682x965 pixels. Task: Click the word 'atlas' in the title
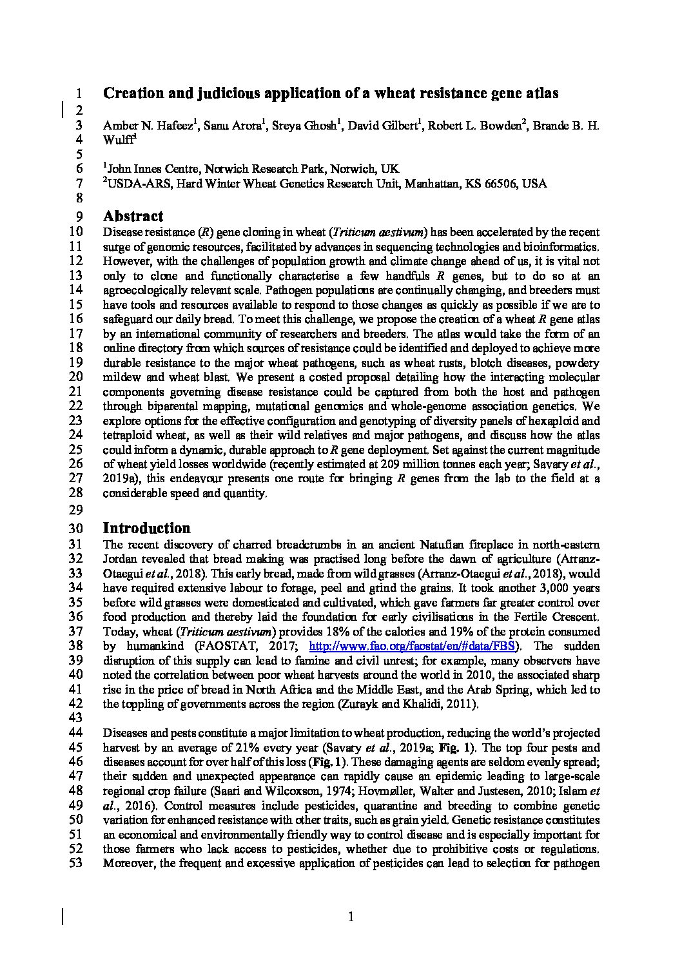click(542, 93)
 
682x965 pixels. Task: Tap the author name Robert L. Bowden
click(472, 125)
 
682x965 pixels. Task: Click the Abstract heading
click(133, 216)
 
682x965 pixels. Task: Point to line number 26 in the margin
click(75, 464)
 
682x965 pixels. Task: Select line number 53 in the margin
click(75, 864)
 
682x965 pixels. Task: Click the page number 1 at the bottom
click(351, 917)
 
